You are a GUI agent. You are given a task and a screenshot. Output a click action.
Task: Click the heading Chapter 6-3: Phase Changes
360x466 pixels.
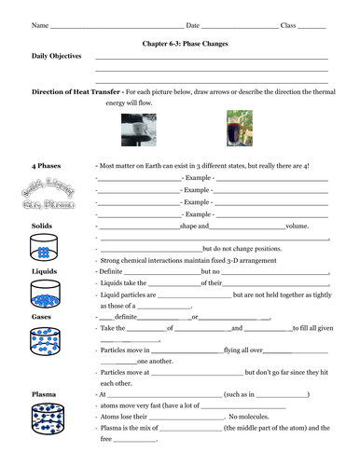180,43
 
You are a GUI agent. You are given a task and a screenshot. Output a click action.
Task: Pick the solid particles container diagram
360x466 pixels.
44,249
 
